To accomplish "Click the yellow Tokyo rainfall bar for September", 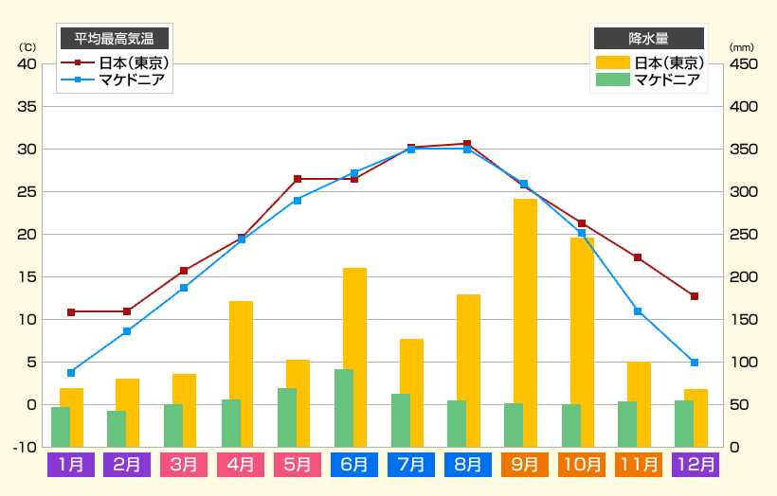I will [x=526, y=322].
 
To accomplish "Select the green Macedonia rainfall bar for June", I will [x=344, y=407].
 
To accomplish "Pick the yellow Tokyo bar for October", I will [x=583, y=342].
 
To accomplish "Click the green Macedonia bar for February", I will [x=117, y=428].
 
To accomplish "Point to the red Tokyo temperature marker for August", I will [x=467, y=144].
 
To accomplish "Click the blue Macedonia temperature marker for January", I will [x=71, y=373].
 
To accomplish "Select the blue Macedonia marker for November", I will [x=638, y=311].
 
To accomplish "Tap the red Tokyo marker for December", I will [x=695, y=296].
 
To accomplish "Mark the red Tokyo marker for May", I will [x=298, y=179].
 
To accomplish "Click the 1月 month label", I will [x=71, y=465].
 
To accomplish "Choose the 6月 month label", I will [x=354, y=465].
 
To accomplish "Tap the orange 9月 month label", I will [x=525, y=465].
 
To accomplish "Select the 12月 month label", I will [x=696, y=465].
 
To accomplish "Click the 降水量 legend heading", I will [x=649, y=38].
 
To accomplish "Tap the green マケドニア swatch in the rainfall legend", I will [x=611, y=80].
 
